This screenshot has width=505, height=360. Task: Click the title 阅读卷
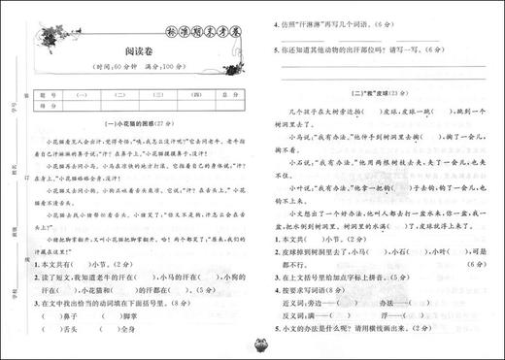(135, 56)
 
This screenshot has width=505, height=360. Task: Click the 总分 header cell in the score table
(224, 95)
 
